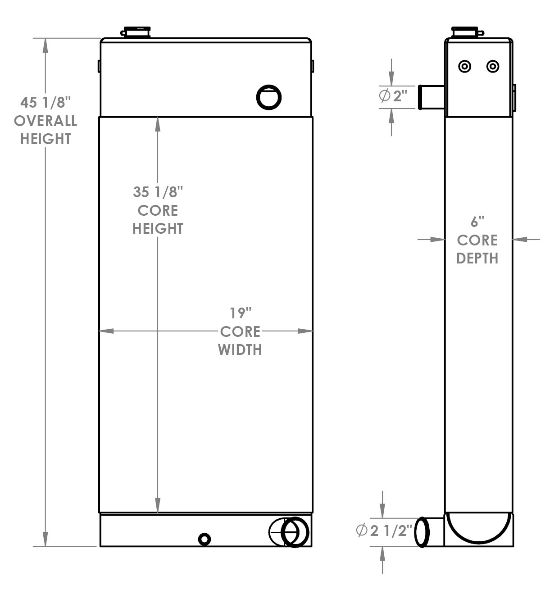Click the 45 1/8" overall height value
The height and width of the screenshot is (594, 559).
(x=45, y=103)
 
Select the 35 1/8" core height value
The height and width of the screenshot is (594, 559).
(x=158, y=192)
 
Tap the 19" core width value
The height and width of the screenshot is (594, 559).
(x=240, y=313)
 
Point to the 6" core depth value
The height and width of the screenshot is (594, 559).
(x=477, y=222)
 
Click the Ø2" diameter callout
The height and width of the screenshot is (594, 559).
(x=393, y=96)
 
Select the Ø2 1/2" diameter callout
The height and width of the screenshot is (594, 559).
(x=384, y=531)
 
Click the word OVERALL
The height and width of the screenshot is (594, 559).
(x=45, y=121)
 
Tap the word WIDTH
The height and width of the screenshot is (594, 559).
(x=240, y=349)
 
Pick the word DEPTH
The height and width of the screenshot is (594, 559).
(x=477, y=258)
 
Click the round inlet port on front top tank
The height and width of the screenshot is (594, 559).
(x=269, y=97)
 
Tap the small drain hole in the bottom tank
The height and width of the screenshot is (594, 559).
(x=205, y=539)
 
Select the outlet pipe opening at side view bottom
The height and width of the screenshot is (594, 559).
(x=422, y=532)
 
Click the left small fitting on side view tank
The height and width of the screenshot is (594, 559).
(x=464, y=67)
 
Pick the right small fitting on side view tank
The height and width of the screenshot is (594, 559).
(x=493, y=67)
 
